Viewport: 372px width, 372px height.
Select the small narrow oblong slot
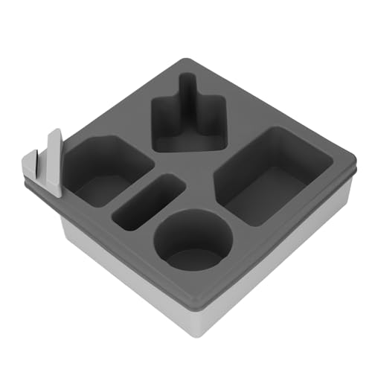148,202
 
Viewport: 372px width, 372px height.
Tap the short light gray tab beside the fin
31,163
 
